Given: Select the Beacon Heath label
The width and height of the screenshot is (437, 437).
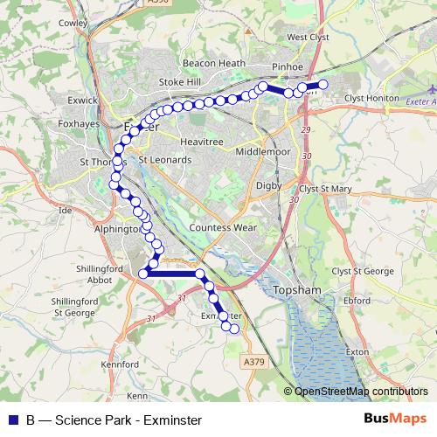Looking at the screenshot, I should [207, 64].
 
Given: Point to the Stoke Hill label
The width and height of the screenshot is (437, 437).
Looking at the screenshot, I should [179, 82].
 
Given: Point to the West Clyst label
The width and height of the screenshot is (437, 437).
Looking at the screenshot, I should [308, 38].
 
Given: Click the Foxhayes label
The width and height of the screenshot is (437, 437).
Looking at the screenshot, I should [77, 123].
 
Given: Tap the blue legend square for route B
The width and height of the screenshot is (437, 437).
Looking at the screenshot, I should [12, 420].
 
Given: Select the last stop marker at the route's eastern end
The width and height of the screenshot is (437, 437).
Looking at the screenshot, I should [323, 84].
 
